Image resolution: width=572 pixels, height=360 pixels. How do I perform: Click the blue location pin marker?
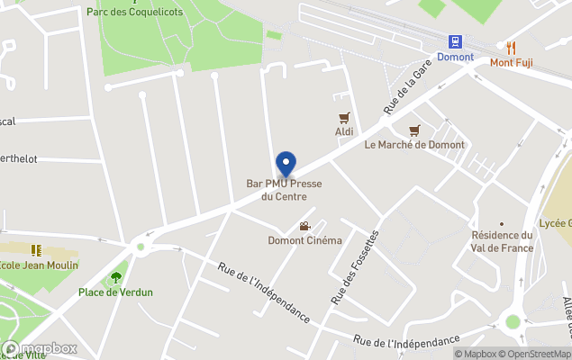coord(286,164)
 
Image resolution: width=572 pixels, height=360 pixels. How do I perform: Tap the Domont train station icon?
coord(456,41)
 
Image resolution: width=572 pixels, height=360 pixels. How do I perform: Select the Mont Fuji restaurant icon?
coord(511,47)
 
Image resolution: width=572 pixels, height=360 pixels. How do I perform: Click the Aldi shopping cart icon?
coord(343,118)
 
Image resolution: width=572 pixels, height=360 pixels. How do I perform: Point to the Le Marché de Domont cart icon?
coord(414,130)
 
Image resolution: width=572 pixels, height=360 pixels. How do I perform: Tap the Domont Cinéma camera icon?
coord(304,226)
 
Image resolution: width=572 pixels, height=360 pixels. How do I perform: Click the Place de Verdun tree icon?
coord(115,277)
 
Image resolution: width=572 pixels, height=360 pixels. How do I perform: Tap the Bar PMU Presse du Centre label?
coord(285,190)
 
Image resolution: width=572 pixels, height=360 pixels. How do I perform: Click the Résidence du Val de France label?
coord(502,241)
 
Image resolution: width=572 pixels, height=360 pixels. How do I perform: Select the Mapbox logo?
coord(41,348)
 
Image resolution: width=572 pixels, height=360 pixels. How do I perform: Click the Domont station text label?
coord(455,57)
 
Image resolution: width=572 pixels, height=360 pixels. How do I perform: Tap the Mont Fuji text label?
coord(511,62)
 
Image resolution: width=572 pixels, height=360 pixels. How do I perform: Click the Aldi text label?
coord(343,132)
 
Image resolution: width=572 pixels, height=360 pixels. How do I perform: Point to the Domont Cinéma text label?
coord(304,240)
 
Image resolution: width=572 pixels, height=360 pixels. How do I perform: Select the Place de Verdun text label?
coord(115,292)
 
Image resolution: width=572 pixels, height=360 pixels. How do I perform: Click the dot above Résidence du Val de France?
coord(502,223)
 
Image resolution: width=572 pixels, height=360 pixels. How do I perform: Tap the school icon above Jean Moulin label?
coord(36,250)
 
